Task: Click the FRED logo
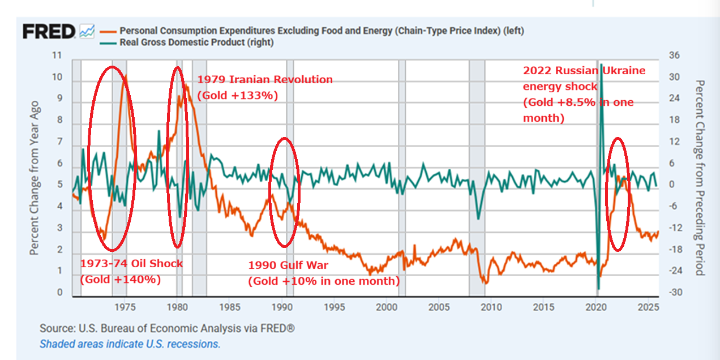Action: click(49, 32)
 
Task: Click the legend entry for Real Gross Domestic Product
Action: click(196, 42)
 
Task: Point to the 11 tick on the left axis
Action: click(57, 56)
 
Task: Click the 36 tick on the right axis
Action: click(674, 56)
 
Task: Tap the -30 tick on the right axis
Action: click(674, 293)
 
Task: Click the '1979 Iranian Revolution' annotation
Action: click(264, 80)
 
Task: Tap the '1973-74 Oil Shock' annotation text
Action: click(131, 264)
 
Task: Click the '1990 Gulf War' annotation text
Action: click(288, 265)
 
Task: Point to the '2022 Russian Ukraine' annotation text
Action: click(584, 71)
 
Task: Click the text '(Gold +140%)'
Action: click(120, 279)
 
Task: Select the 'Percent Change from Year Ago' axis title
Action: click(35, 178)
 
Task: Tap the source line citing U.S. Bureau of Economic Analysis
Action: click(167, 328)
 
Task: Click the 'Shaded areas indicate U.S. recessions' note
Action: click(130, 344)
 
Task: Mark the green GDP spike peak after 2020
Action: click(601, 65)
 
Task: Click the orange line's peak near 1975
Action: click(125, 76)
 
